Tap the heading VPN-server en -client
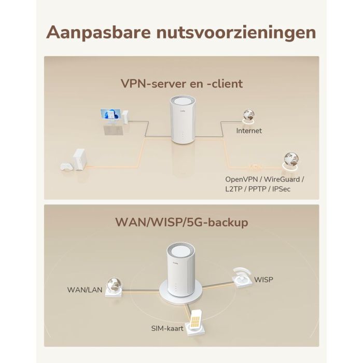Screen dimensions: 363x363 [x=181, y=83]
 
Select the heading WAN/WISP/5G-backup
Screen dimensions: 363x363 [x=181, y=222]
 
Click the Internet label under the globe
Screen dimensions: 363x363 [x=249, y=131]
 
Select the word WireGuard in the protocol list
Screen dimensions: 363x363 [x=283, y=179]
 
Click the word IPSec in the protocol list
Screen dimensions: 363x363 [x=280, y=189]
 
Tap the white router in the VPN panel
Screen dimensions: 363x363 [x=180, y=120]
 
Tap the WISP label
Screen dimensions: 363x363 [x=263, y=280]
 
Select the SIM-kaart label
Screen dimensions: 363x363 [x=167, y=329]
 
